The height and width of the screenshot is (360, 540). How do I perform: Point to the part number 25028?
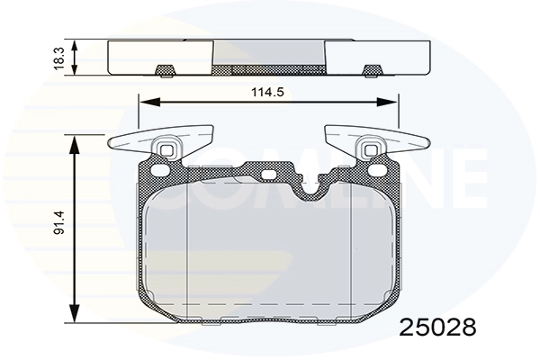(436, 325)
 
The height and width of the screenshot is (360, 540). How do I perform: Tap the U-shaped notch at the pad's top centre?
(311, 187)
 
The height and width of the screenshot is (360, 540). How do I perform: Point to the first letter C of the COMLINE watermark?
(126, 176)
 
